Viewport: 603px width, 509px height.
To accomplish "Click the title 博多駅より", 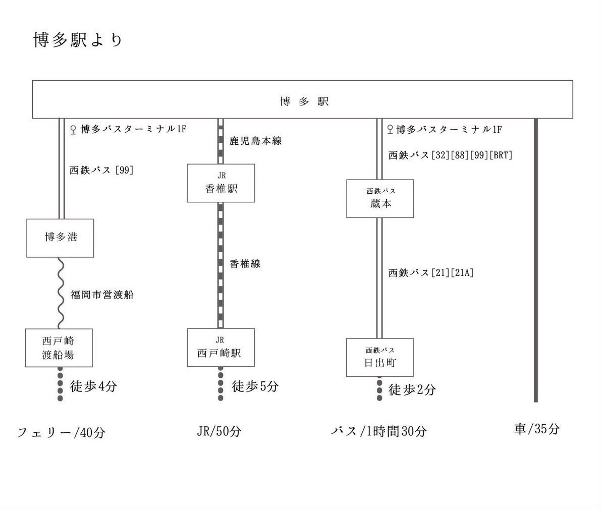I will (78, 40).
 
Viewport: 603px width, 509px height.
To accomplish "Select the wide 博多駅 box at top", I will (303, 99).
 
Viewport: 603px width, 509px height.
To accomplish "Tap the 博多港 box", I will (60, 238).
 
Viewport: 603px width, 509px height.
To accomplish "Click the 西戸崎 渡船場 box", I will (60, 348).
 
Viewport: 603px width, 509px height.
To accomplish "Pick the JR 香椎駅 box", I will (221, 183).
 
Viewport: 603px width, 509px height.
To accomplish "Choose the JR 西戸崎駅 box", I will (221, 348).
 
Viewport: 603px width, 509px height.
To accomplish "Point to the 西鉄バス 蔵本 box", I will (380, 199).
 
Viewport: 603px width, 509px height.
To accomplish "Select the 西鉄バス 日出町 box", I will (379, 357).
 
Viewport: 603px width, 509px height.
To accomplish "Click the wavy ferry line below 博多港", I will (60, 293).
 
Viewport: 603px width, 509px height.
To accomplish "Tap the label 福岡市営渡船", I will (102, 295).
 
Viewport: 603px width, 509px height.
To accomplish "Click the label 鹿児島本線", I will (255, 141).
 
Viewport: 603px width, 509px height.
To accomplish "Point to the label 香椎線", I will (245, 263).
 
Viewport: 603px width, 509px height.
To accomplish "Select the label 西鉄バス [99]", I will (101, 170).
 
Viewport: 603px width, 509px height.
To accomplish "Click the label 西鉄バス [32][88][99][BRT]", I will (450, 155).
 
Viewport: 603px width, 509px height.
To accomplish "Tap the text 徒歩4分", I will (94, 387).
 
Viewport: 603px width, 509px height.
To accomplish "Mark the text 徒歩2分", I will (412, 389).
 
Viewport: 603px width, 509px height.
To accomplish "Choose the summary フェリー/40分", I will (62, 432).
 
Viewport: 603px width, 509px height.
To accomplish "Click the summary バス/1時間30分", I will (378, 431).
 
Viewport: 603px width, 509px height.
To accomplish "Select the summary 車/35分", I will (537, 429).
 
